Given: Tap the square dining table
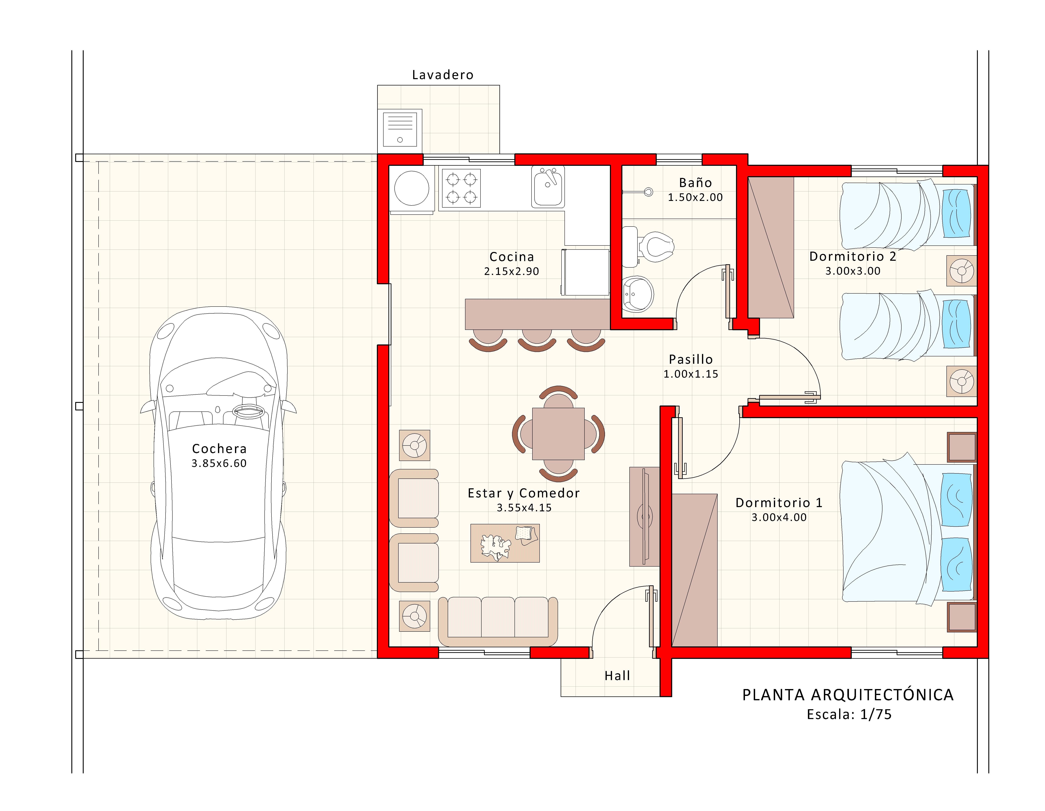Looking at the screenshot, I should (x=558, y=434).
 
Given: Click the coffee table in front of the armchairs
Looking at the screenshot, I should (x=505, y=543).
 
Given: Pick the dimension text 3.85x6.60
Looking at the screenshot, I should (x=219, y=463).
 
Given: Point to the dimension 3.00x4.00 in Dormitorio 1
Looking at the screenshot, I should (x=779, y=517).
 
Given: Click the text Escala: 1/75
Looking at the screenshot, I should (x=849, y=715).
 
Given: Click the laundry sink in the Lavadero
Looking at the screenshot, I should (x=400, y=129).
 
